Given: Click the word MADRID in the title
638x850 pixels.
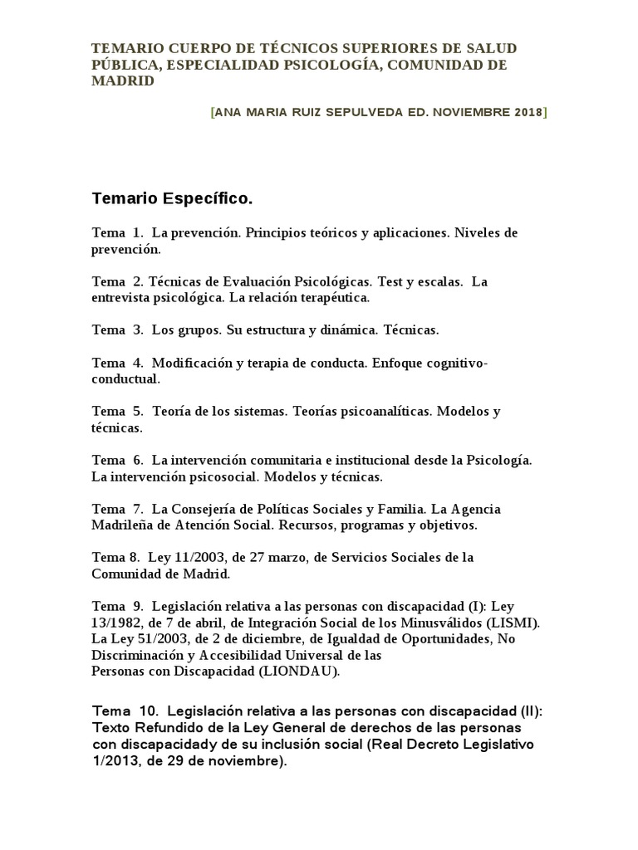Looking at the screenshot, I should [122, 81].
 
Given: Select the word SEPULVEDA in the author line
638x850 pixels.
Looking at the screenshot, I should [355, 112].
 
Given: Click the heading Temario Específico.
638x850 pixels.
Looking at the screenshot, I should [171, 199].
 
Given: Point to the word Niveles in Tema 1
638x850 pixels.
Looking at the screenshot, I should [477, 232].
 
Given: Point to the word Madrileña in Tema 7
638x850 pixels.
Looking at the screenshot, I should [123, 525].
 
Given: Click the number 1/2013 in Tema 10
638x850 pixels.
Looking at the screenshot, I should [114, 760].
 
